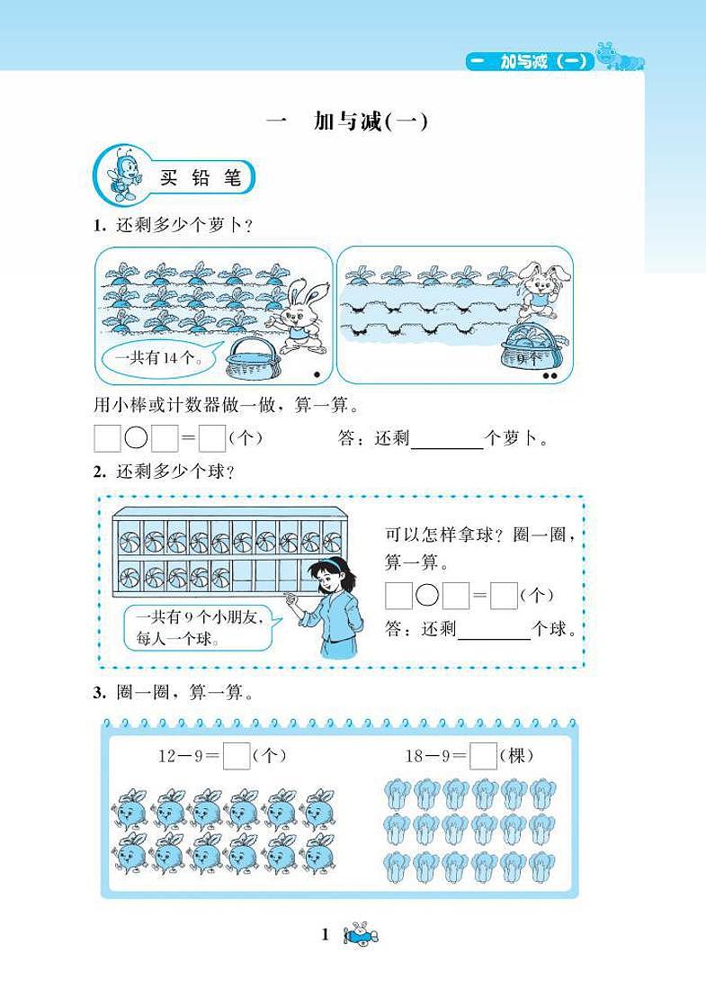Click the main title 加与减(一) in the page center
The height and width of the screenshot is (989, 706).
point(346,121)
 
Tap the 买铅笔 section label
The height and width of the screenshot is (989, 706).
point(201,178)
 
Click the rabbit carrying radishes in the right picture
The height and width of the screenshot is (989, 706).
point(540,292)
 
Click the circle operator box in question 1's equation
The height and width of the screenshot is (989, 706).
point(136,437)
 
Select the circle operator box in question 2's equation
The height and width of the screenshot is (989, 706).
point(427,595)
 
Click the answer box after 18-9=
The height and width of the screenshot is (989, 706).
point(484,756)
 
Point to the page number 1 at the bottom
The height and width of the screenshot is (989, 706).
point(326,935)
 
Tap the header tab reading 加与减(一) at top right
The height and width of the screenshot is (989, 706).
point(530,61)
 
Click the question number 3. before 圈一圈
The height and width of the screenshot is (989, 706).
point(100,693)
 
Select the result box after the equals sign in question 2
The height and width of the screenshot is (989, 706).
point(505,596)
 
